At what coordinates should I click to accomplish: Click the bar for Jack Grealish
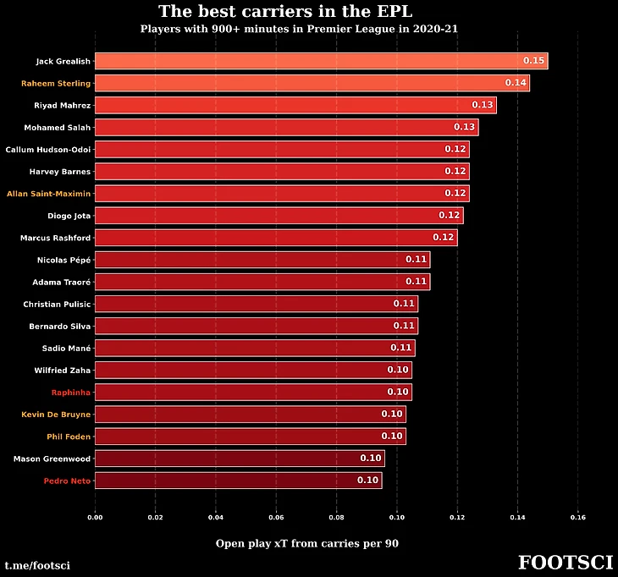(321, 61)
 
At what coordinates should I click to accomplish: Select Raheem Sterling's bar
(312, 83)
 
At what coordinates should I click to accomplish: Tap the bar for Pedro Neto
(238, 481)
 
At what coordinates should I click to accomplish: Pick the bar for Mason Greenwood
(240, 459)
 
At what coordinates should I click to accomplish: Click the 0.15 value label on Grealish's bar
(533, 61)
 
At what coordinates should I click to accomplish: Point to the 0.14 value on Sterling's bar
(516, 83)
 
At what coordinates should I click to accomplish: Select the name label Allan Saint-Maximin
(48, 194)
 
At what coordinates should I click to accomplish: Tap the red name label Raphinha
(70, 393)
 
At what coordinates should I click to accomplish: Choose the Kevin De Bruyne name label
(56, 415)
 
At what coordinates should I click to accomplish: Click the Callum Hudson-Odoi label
(48, 149)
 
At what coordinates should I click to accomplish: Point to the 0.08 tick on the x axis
(336, 516)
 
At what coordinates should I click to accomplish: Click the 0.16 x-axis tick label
(577, 516)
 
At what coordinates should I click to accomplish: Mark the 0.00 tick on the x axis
(95, 516)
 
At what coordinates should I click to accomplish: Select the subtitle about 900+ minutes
(299, 29)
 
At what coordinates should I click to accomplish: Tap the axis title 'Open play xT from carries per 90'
(306, 543)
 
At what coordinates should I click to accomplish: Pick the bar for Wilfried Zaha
(253, 370)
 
